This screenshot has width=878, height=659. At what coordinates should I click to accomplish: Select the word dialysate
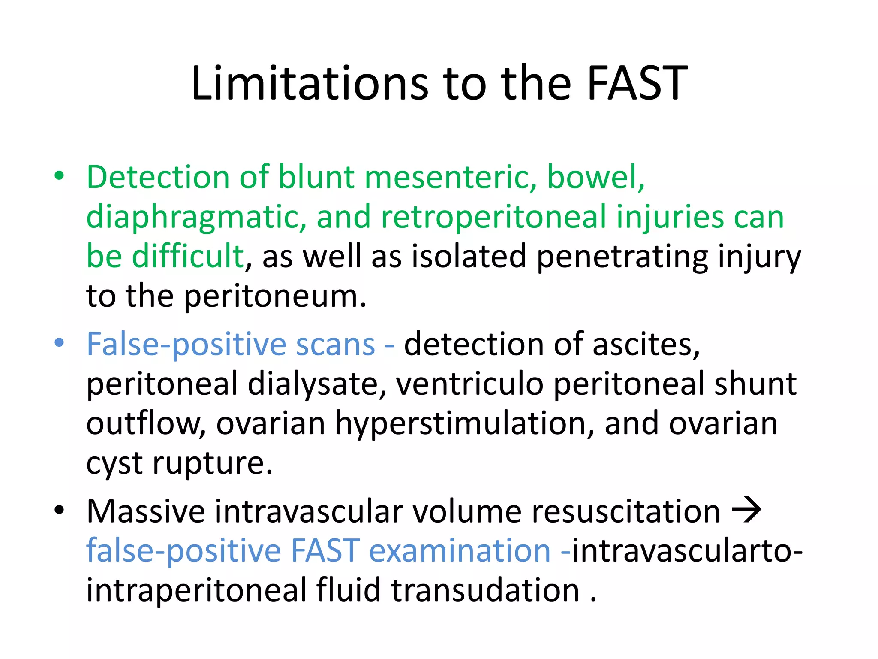[x=317, y=384]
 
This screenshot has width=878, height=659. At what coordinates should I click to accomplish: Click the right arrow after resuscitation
[x=747, y=510]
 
